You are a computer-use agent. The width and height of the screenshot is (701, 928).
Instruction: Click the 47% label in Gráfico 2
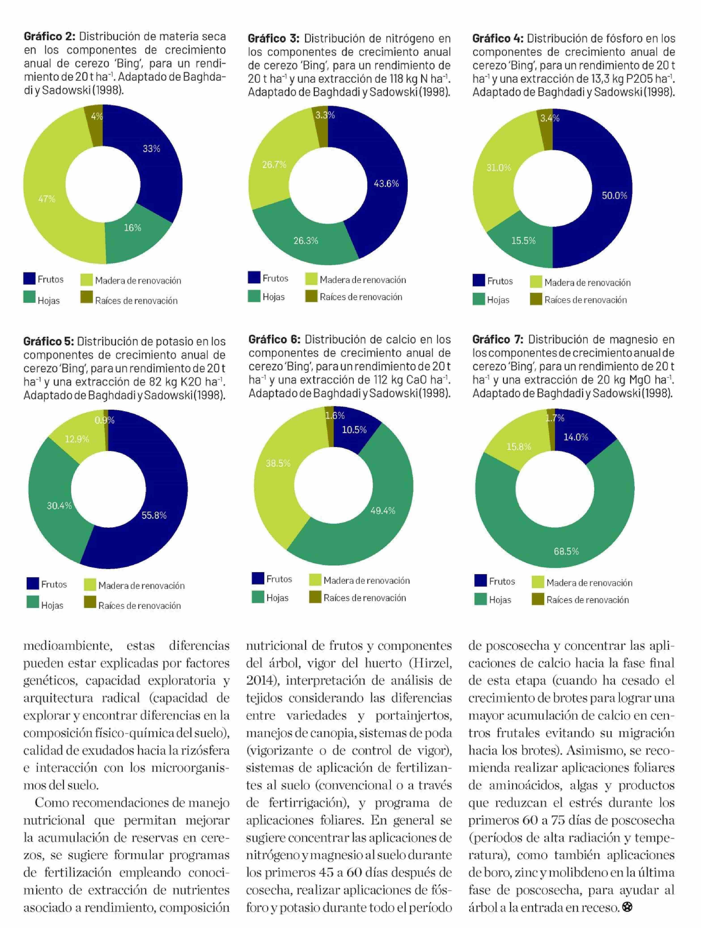[47, 199]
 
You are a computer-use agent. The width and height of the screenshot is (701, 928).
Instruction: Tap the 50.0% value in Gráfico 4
[614, 196]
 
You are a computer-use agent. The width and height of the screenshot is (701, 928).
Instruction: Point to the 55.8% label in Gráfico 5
[154, 515]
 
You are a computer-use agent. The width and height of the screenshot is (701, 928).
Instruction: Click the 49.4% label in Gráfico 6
[382, 510]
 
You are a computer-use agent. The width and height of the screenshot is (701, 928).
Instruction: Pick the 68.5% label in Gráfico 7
[566, 551]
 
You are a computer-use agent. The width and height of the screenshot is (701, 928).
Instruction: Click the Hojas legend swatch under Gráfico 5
[32, 602]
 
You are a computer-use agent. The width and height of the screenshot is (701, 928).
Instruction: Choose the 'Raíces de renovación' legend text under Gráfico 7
[587, 600]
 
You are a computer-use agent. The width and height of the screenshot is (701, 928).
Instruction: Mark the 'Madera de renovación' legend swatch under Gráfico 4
[536, 282]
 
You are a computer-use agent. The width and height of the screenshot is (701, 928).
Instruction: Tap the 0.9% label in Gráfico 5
[104, 420]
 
